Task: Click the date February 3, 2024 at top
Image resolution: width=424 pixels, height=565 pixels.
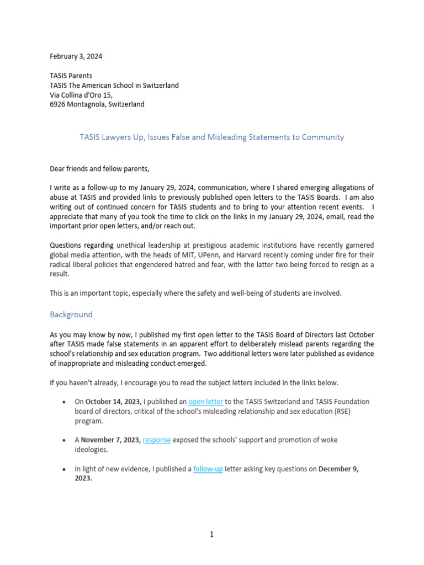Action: point(76,56)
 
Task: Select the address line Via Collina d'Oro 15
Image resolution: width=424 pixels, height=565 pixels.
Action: point(81,94)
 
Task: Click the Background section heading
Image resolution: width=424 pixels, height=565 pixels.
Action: point(71,315)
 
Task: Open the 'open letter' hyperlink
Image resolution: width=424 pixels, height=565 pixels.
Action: point(205,401)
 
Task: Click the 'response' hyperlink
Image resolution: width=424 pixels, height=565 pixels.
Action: point(157,440)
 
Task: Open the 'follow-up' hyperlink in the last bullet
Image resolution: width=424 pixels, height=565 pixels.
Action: point(208,469)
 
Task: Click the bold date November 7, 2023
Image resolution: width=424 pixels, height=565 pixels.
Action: point(110,440)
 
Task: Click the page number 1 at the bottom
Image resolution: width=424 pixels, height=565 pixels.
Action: point(211,534)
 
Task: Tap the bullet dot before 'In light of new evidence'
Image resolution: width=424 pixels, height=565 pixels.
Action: point(66,470)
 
